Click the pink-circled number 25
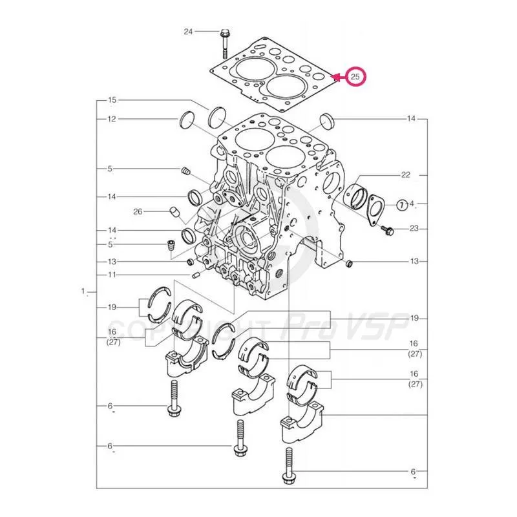(x=355, y=77)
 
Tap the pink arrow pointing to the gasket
(x=338, y=77)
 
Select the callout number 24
(x=188, y=32)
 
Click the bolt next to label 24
(x=224, y=40)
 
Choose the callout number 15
(x=112, y=100)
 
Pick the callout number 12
(x=112, y=119)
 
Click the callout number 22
(x=406, y=175)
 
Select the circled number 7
(x=401, y=205)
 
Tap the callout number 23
(x=414, y=228)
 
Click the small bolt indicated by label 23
(x=388, y=229)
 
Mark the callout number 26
(x=138, y=211)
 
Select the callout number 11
(x=112, y=275)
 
